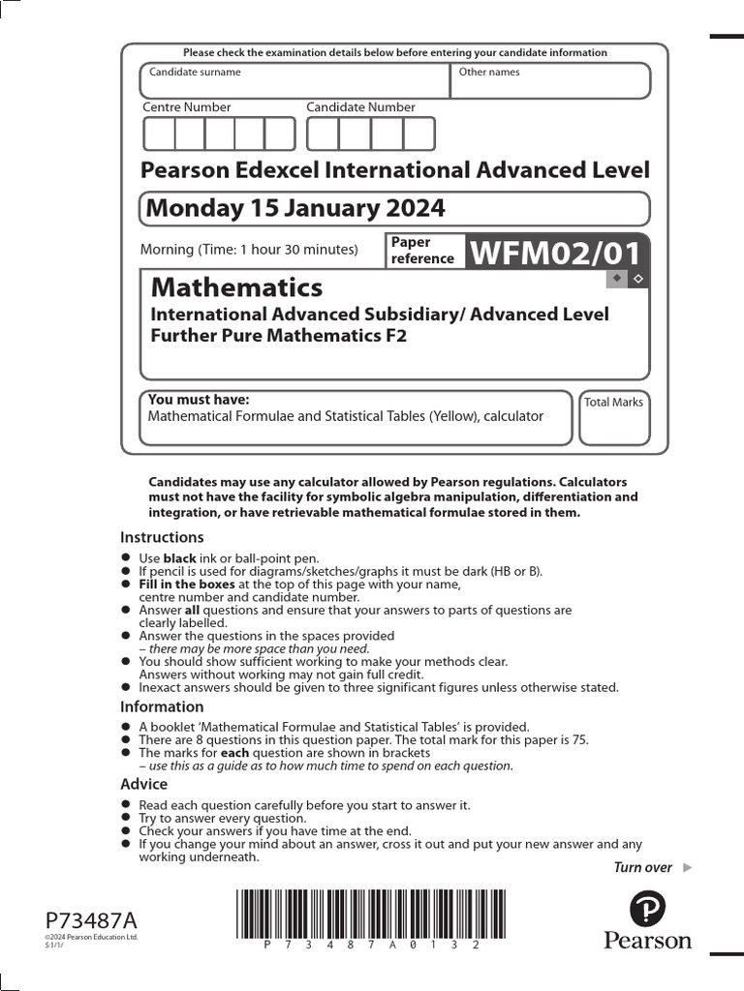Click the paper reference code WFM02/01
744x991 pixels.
[555, 254]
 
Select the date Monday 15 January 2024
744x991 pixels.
[294, 208]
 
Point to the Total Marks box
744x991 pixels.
[614, 418]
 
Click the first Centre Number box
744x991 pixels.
[159, 134]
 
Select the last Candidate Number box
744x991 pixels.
[418, 134]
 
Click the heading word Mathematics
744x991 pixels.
[236, 287]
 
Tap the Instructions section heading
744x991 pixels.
[162, 537]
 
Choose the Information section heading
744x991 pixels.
[162, 706]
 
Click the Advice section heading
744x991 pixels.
[143, 784]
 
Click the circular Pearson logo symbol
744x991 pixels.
[647, 909]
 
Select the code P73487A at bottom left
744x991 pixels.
[91, 919]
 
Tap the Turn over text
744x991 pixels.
[642, 867]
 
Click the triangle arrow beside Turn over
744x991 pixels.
[688, 867]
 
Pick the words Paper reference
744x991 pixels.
[422, 250]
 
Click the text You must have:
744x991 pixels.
[199, 400]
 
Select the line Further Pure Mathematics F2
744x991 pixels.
[279, 336]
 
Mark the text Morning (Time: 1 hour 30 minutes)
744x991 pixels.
[249, 249]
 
